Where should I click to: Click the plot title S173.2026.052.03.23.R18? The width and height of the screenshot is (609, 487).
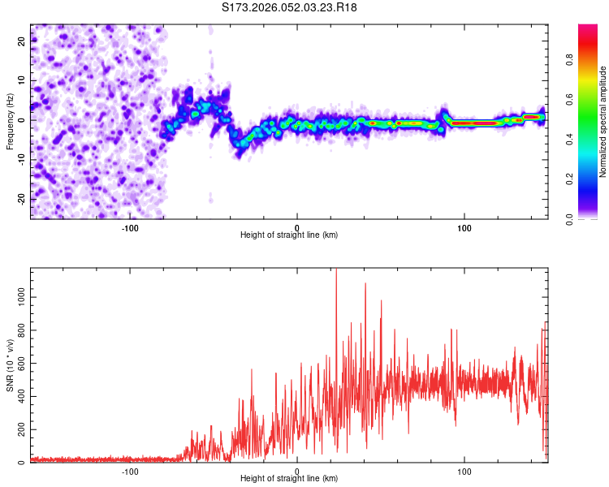coord(289,7)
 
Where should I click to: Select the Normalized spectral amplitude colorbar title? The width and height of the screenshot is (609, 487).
coord(603,122)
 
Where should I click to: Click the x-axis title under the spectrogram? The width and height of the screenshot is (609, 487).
coord(289,235)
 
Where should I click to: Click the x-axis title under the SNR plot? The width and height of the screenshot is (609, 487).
coord(289,478)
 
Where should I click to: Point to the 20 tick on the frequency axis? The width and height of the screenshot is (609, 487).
coord(22,40)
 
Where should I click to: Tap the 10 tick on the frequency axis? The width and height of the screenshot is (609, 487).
coord(22,80)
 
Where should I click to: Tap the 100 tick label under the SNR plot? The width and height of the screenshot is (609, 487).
coord(464,470)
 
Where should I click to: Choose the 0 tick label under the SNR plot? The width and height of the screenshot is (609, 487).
coord(297,470)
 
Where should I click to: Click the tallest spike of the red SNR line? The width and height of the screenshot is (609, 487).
coord(336,271)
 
